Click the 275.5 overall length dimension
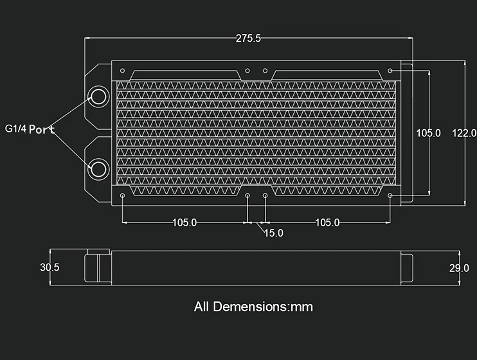tap(248, 39)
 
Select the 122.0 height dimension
tap(464, 133)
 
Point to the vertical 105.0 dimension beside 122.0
tap(428, 133)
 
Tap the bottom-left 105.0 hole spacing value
tap(184, 222)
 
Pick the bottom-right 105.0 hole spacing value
tap(327, 222)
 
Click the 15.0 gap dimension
tap(273, 233)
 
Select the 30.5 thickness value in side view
tap(50, 267)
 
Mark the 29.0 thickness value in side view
tap(458, 268)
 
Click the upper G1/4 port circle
tap(98, 97)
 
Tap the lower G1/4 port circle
tap(98, 169)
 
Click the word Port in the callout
tap(42, 129)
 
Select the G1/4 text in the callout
tap(16, 128)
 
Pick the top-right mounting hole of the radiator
tap(390, 70)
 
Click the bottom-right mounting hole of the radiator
tap(390, 195)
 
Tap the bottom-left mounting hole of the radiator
tap(123, 195)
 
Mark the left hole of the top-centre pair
tap(248, 70)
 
